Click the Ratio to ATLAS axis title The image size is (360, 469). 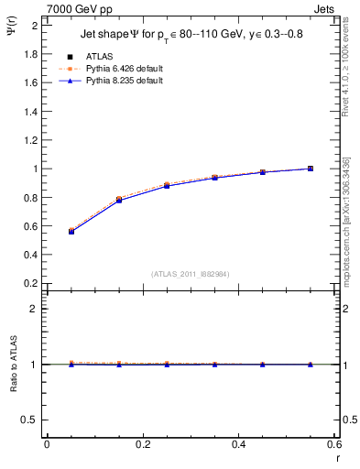coord(12,364)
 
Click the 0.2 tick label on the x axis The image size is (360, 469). coord(142,444)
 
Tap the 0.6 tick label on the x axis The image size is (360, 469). coord(334,444)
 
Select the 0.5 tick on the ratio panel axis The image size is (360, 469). coord(30,420)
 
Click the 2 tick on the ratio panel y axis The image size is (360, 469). coord(36,309)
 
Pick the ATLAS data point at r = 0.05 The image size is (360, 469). coord(71,232)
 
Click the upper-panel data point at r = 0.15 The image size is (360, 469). coord(119,200)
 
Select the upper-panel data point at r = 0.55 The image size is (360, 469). coord(311,169)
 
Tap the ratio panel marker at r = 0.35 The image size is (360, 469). coord(214,365)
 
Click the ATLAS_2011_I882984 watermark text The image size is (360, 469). coord(191,274)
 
